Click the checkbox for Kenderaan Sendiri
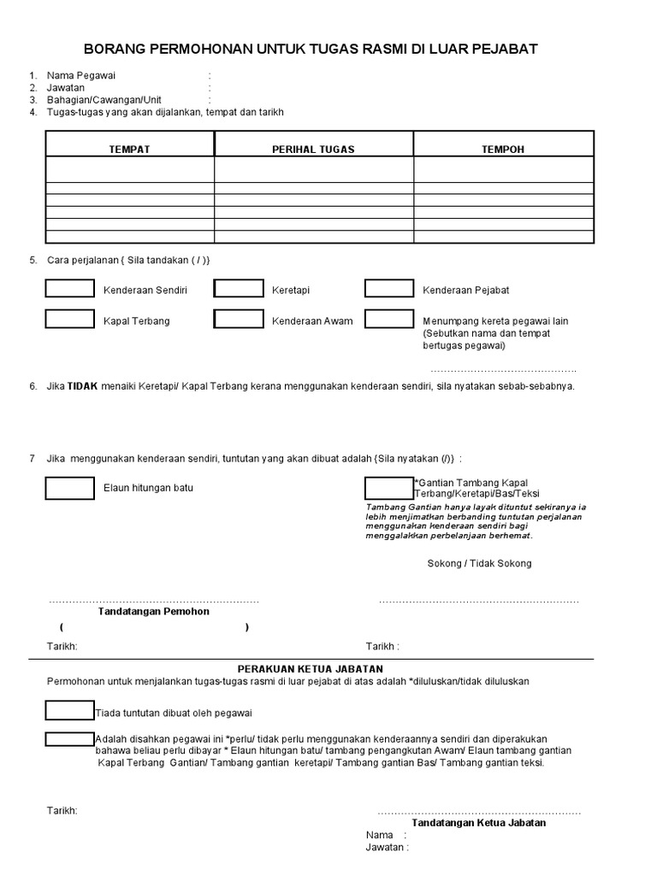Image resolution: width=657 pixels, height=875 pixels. [69, 289]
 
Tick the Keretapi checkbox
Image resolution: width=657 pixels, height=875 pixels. [239, 289]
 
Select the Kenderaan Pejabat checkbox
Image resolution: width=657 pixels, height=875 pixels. [389, 289]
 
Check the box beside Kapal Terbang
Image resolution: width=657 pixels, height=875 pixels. [69, 320]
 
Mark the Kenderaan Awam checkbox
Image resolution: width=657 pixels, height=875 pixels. [239, 320]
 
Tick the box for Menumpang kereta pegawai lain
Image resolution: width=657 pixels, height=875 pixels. [389, 320]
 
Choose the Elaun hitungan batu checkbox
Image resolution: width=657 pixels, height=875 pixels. [69, 488]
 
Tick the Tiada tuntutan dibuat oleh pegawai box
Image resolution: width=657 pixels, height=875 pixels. [69, 711]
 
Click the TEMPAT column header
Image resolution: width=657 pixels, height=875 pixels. [129, 150]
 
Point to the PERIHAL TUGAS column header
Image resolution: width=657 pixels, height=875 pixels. [313, 150]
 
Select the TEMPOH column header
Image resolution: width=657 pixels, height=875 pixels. [503, 150]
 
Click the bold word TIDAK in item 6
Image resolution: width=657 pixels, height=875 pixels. [83, 386]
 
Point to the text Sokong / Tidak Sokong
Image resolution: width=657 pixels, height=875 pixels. [479, 564]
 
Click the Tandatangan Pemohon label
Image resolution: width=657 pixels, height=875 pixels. [154, 612]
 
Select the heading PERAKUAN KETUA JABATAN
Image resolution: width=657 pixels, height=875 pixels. [310, 668]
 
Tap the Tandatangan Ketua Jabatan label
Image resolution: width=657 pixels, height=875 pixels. [479, 823]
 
